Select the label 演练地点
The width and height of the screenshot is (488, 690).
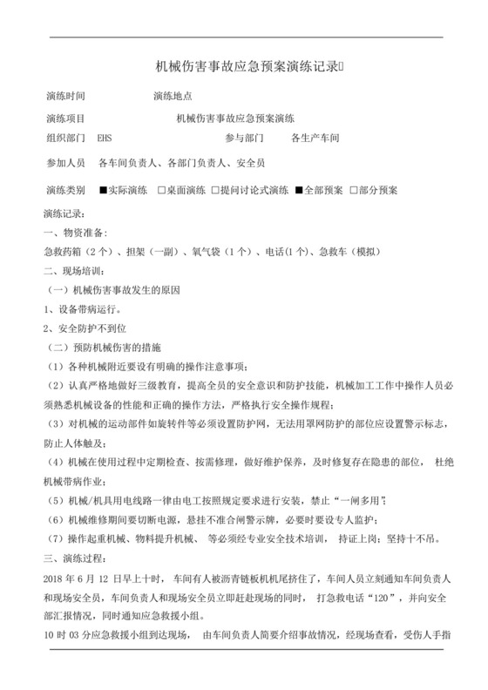172,95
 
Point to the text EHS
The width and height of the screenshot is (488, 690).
105,139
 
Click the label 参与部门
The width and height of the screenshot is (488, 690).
244,139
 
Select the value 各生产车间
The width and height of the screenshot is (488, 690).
315,139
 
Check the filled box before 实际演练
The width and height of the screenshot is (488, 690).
103,190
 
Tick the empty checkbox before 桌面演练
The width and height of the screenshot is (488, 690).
161,190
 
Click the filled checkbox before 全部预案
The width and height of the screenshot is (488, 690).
299,190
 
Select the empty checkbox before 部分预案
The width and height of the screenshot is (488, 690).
352,190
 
